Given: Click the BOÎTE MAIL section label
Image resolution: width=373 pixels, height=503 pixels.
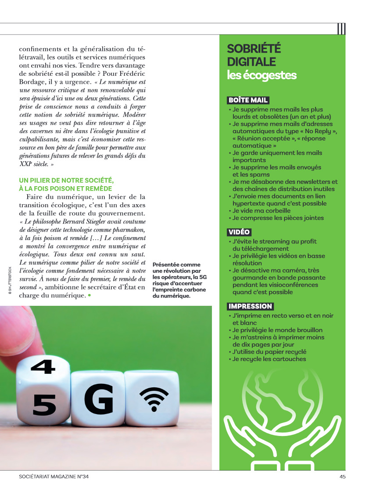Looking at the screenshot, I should (x=248, y=100).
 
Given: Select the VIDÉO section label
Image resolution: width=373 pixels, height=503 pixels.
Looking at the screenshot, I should (x=239, y=232).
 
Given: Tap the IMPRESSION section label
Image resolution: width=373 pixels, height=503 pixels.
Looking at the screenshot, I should (x=250, y=306).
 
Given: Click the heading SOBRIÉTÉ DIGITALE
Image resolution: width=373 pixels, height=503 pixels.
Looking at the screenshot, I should (x=254, y=55).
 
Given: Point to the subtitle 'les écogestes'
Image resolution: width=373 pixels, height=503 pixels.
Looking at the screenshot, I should (x=262, y=75).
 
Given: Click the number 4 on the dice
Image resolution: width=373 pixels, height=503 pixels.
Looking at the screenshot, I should (x=43, y=367).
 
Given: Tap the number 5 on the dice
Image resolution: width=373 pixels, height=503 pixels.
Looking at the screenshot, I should (x=44, y=405).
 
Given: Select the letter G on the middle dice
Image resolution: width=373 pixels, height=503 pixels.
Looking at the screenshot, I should (x=99, y=399).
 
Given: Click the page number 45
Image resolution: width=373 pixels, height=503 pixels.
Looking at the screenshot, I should (x=342, y=477).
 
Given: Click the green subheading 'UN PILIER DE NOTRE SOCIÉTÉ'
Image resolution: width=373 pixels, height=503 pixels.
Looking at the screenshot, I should (x=66, y=181).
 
